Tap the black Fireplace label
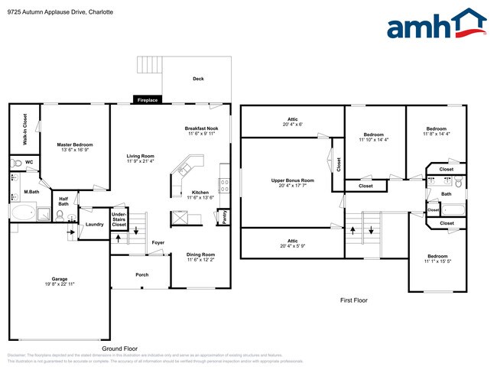146,100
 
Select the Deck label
198,79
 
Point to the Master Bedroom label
75,144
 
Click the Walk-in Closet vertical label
24,129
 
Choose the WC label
28,162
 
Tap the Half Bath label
63,202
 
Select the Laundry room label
94,224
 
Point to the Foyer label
158,242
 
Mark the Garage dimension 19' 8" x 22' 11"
59,285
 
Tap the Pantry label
224,217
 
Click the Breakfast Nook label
201,128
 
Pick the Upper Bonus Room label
292,180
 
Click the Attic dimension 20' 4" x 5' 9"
292,245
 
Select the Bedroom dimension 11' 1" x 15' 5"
437,262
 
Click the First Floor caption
353,300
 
